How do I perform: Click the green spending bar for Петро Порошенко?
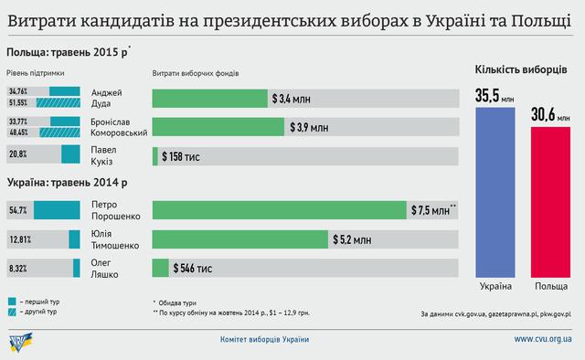coord(279,210)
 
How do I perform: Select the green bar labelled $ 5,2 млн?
coord(239,239)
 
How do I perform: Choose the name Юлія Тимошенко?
coord(113,239)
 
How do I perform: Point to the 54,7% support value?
coord(18,210)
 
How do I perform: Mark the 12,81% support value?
coord(20,239)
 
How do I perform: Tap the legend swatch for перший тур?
coord(13,300)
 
